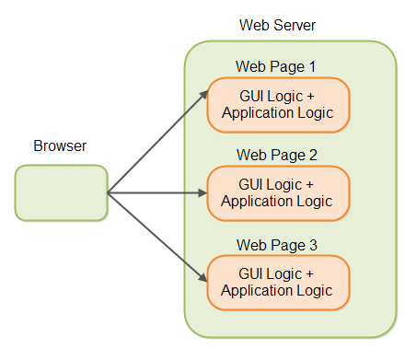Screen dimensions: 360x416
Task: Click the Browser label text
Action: (61, 146)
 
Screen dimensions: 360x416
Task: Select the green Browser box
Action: (61, 192)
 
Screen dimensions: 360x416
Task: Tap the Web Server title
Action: (277, 24)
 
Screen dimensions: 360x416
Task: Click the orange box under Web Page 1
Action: (278, 105)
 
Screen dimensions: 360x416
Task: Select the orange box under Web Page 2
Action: (278, 192)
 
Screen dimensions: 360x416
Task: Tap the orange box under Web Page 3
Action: (278, 282)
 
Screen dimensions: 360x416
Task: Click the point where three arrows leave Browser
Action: (109, 193)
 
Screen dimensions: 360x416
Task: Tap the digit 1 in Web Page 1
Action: (312, 66)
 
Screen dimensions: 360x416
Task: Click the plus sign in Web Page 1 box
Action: (309, 97)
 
